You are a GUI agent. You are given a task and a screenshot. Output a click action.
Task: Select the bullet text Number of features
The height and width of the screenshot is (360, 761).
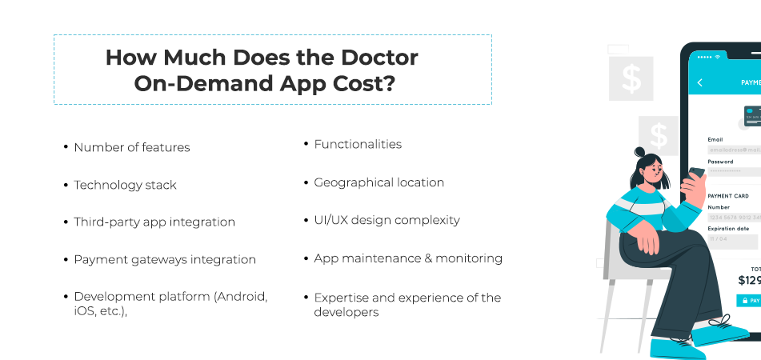[131, 147]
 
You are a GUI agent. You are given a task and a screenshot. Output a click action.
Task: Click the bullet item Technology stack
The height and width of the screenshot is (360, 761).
[125, 185]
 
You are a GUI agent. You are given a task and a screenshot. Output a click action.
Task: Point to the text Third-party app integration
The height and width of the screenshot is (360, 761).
[154, 222]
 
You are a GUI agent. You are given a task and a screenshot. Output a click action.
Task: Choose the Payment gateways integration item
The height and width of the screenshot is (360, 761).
[165, 259]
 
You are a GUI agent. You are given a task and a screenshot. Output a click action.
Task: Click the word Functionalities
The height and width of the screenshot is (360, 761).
[358, 144]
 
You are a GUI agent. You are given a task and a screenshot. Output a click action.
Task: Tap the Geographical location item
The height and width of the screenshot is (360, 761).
[378, 182]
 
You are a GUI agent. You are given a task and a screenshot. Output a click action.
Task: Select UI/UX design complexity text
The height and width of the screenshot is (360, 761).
[387, 220]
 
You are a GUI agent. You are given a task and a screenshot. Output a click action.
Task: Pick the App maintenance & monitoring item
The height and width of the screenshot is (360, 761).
[408, 258]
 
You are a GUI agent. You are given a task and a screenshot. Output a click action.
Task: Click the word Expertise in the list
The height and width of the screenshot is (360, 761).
[342, 298]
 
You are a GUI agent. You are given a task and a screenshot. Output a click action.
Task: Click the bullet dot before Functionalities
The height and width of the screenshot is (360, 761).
[306, 145]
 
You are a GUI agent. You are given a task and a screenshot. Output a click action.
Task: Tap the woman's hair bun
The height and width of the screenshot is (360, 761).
[639, 151]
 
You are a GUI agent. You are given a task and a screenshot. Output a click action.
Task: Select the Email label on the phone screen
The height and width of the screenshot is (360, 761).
[715, 139]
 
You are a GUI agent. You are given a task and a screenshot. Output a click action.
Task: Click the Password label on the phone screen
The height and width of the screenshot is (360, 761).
[720, 162]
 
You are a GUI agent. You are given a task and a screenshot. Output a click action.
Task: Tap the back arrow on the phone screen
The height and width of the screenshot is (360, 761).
[700, 82]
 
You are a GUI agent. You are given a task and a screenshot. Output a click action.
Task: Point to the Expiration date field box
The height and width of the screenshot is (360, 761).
[732, 238]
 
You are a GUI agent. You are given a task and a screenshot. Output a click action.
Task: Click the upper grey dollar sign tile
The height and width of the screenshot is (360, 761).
[631, 79]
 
